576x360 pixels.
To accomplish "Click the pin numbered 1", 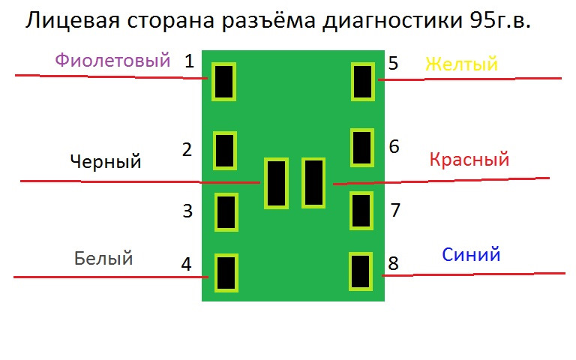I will point(224,82).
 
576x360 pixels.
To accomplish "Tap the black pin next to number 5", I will point(363,82).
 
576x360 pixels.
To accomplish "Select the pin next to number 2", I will point(225,150).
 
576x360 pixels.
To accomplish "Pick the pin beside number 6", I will point(363,147).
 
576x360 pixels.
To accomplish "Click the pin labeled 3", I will point(226,212).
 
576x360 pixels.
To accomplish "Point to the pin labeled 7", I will point(362,210).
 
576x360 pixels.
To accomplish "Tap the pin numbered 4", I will point(226,272).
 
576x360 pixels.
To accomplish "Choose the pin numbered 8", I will point(361,271).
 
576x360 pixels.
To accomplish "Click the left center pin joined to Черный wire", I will point(276,184).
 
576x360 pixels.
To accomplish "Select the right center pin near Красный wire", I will point(313,182).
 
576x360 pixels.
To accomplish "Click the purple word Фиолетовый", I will point(112,61).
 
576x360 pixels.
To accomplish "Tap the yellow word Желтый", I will point(461,64).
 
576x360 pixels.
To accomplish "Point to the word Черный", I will point(105,161).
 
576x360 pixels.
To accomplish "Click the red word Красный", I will point(469,160).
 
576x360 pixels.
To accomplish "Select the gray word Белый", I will point(103,259).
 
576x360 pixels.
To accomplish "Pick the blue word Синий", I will point(471,255).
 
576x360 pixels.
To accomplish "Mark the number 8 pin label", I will point(393,263).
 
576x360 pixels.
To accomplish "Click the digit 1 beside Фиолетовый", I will point(189,61).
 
